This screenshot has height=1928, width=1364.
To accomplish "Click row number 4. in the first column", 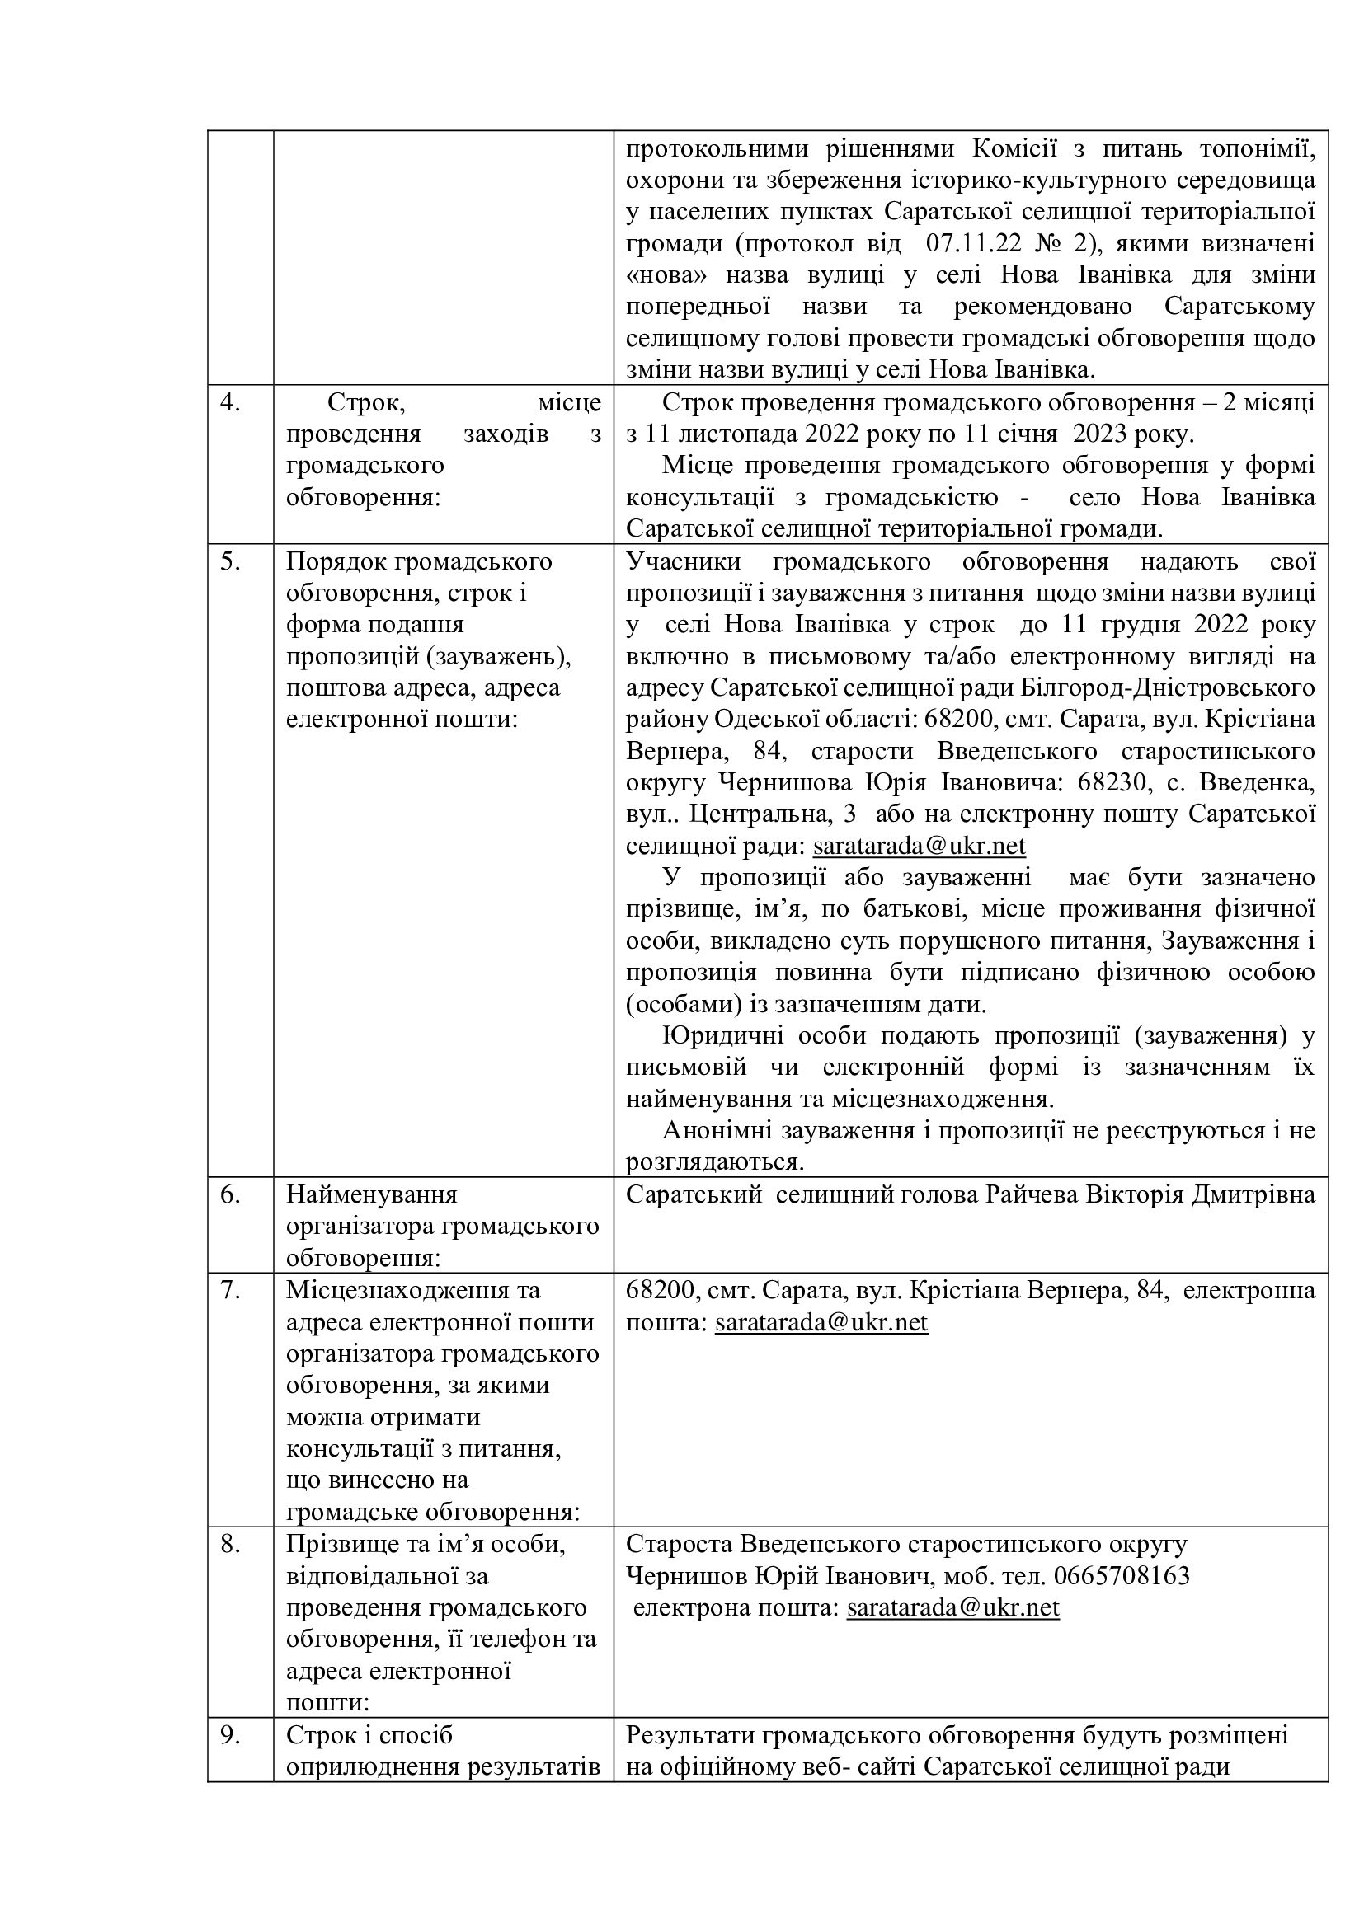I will coord(230,403).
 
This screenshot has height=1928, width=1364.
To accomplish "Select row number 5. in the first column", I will coord(230,562).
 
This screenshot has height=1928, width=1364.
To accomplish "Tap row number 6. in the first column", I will coord(230,1194).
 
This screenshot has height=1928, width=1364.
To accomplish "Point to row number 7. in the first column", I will coord(230,1290).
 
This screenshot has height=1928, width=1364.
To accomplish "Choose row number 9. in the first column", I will coord(230,1735).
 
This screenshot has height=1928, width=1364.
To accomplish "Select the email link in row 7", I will coord(821,1322).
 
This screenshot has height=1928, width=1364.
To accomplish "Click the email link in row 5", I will coord(919,846).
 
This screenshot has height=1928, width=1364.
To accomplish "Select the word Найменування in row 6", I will coord(371,1194).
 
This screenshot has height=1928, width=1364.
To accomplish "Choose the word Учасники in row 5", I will coord(684,562).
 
